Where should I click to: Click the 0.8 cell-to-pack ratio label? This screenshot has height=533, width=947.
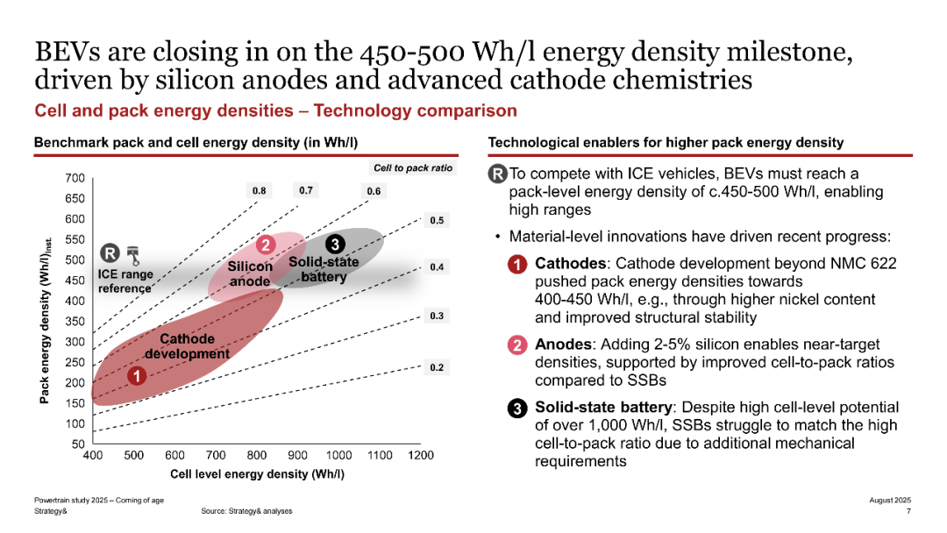pyautogui.click(x=260, y=189)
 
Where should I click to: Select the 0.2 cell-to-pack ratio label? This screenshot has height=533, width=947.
pyautogui.click(x=436, y=368)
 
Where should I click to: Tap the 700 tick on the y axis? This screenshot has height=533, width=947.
pyautogui.click(x=75, y=178)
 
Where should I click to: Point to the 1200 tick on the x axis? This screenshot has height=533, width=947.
pyautogui.click(x=421, y=456)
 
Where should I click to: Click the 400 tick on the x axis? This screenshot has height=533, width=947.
pyautogui.click(x=92, y=456)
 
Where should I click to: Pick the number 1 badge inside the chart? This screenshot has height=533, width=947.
pyautogui.click(x=137, y=376)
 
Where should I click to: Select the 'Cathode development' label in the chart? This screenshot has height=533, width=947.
pyautogui.click(x=187, y=346)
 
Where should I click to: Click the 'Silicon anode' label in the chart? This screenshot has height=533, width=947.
pyautogui.click(x=250, y=274)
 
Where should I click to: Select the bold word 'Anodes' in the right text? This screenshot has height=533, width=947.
pyautogui.click(x=562, y=345)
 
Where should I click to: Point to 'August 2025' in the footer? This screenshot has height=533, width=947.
pyautogui.click(x=890, y=500)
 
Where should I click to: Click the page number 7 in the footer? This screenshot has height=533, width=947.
pyautogui.click(x=908, y=511)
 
